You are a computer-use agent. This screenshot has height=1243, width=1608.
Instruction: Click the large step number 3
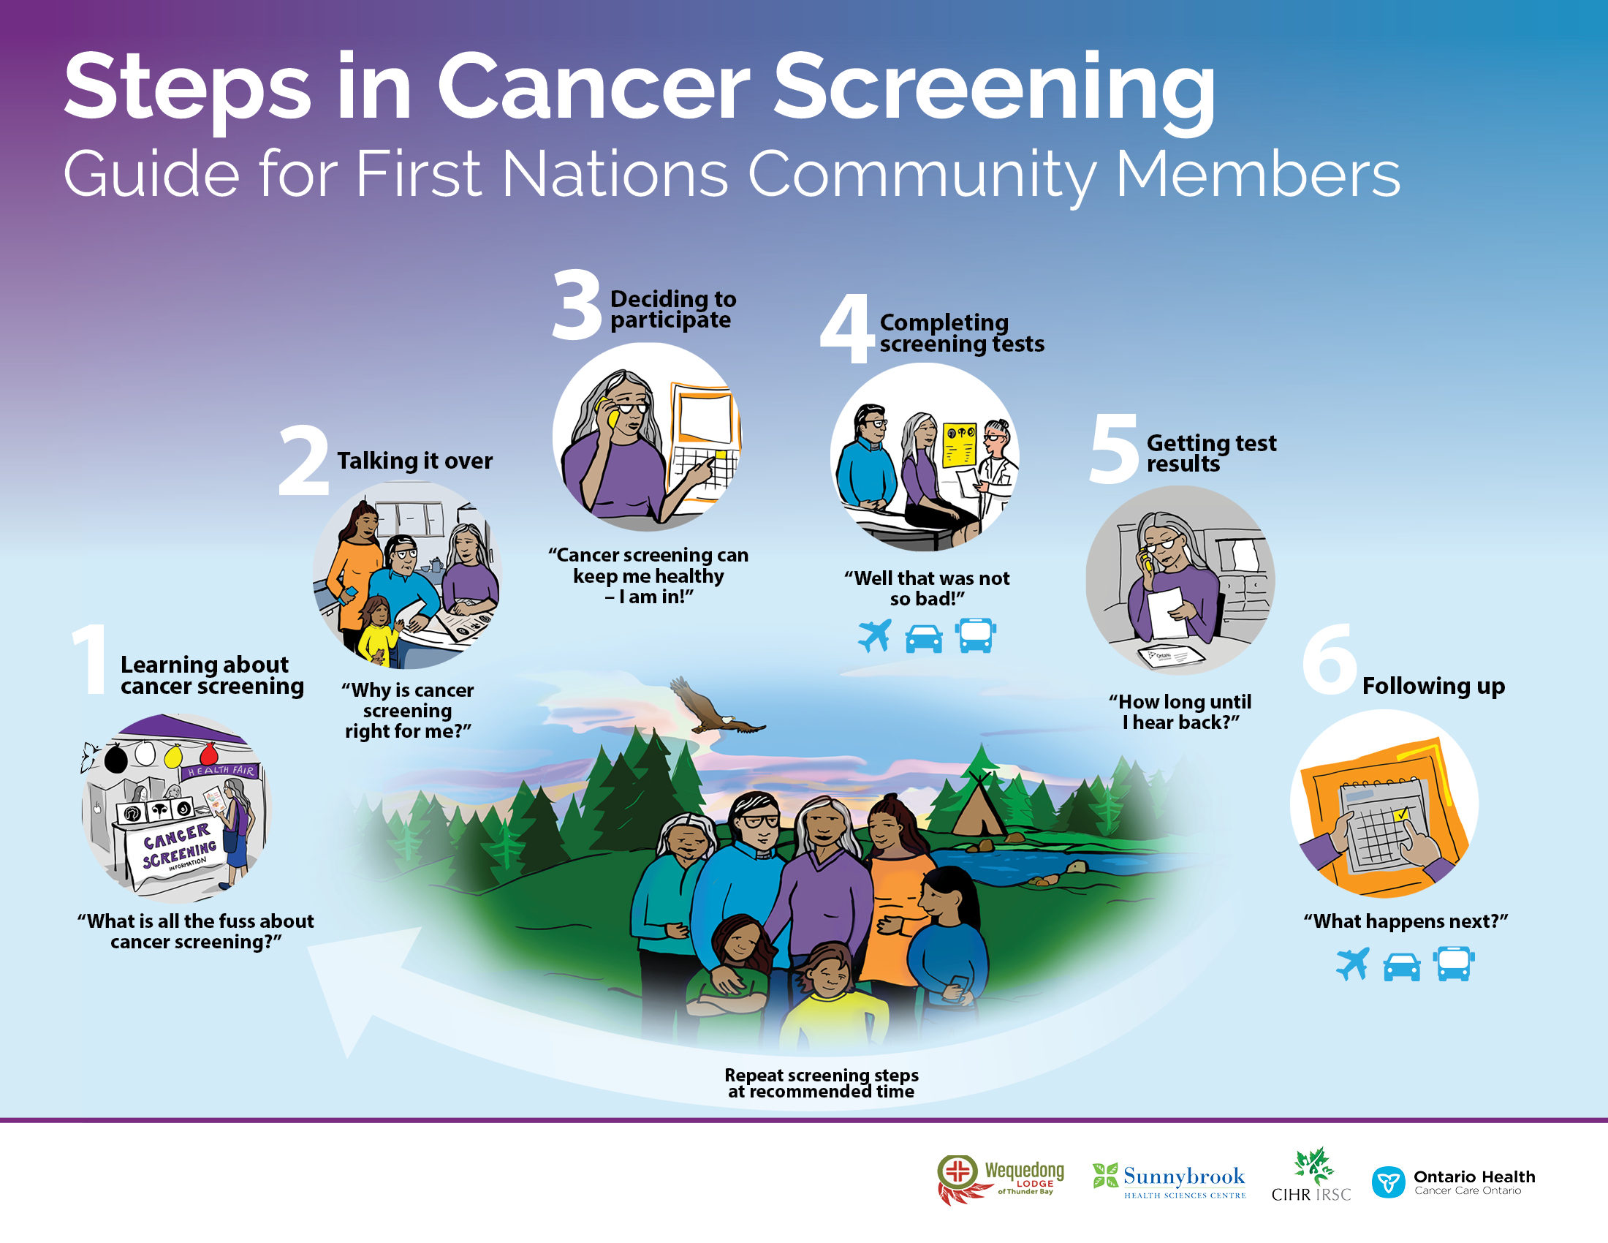click(x=577, y=304)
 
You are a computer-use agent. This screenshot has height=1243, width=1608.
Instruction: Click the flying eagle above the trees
click(x=716, y=708)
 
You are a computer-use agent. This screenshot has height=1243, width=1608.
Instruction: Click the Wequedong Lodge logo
click(x=1001, y=1179)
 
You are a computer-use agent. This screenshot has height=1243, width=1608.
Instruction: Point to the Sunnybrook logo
click(x=1169, y=1180)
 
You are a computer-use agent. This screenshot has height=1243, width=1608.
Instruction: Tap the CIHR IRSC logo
click(x=1311, y=1175)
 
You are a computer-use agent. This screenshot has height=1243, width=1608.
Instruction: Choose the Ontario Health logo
click(x=1453, y=1182)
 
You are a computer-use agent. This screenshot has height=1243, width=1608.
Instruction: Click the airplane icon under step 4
click(x=875, y=635)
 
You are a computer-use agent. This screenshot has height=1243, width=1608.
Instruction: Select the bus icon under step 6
click(x=1453, y=964)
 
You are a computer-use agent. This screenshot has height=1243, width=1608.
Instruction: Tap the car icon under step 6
click(x=1402, y=967)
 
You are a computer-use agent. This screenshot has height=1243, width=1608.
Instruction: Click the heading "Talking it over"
click(x=414, y=461)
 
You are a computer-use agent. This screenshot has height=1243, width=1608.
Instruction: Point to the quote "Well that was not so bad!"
click(x=927, y=589)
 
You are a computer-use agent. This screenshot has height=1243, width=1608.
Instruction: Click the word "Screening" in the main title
click(x=994, y=88)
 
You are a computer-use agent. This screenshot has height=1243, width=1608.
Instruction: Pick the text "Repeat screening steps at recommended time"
click(x=821, y=1083)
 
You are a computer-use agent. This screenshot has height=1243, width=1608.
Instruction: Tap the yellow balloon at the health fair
click(x=173, y=755)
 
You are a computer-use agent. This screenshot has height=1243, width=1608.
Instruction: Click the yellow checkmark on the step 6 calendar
click(x=1400, y=814)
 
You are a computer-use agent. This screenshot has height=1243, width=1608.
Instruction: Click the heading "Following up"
click(x=1433, y=687)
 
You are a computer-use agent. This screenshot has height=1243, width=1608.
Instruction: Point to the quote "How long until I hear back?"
click(x=1180, y=712)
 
